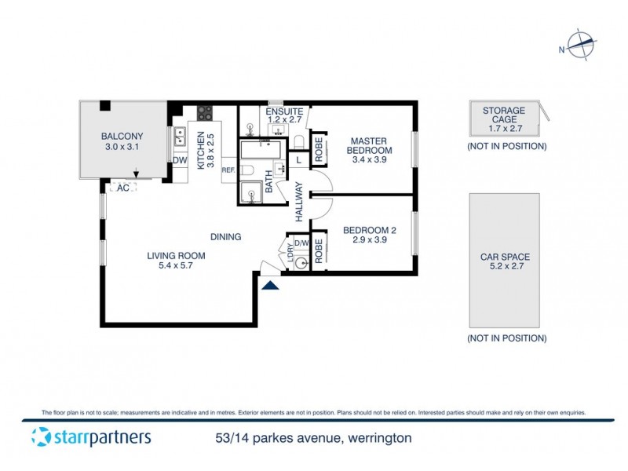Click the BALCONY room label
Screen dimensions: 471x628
click(x=122, y=134)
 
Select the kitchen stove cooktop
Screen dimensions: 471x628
click(x=205, y=112)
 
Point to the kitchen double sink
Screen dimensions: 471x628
click(x=179, y=137)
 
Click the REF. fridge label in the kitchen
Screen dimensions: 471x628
click(x=228, y=170)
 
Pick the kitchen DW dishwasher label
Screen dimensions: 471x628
click(x=179, y=161)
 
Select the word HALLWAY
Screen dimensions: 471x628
click(x=299, y=202)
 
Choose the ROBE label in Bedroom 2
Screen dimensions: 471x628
click(x=319, y=250)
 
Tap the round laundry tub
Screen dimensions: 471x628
click(x=299, y=263)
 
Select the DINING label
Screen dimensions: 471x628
click(x=225, y=236)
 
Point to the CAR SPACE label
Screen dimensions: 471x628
click(x=505, y=257)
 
